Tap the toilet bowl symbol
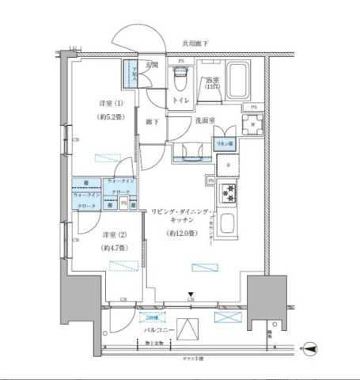[180, 80]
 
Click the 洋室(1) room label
[111, 104]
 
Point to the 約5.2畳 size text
[110, 116]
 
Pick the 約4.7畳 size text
[111, 248]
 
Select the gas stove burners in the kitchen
[228, 192]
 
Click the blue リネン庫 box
[225, 144]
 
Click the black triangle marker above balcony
[191, 294]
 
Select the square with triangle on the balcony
[188, 328]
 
